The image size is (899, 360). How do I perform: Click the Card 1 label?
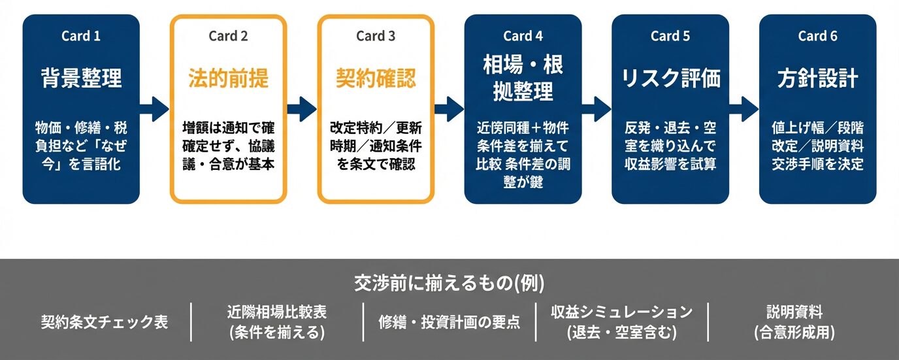coord(81,36)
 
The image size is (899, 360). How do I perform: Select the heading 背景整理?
coord(81,79)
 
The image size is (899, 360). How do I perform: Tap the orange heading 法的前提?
coord(228,79)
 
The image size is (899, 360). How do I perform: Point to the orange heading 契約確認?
coord(376,79)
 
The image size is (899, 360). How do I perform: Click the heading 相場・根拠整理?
coord(523,78)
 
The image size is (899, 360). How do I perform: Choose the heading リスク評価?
coord(670,79)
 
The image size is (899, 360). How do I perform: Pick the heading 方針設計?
coord(817,79)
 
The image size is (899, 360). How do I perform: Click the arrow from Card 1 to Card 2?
coord(155,108)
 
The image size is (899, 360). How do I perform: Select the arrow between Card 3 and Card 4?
coord(449,108)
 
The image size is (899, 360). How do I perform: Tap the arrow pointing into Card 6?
coord(744,108)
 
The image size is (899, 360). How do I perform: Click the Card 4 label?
coord(523,36)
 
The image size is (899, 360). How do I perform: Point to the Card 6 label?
coord(817,36)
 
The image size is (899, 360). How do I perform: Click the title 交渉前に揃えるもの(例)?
coord(449,283)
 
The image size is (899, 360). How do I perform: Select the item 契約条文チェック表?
coord(105,322)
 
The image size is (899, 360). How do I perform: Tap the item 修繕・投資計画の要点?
coord(449,322)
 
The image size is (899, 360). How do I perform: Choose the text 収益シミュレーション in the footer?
coord(621,312)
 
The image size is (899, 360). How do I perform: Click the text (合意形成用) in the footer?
coord(794,333)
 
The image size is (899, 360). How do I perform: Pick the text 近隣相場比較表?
coord(277,312)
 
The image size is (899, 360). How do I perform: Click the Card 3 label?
coord(376,36)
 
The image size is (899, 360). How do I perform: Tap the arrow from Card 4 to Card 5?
coord(597,108)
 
